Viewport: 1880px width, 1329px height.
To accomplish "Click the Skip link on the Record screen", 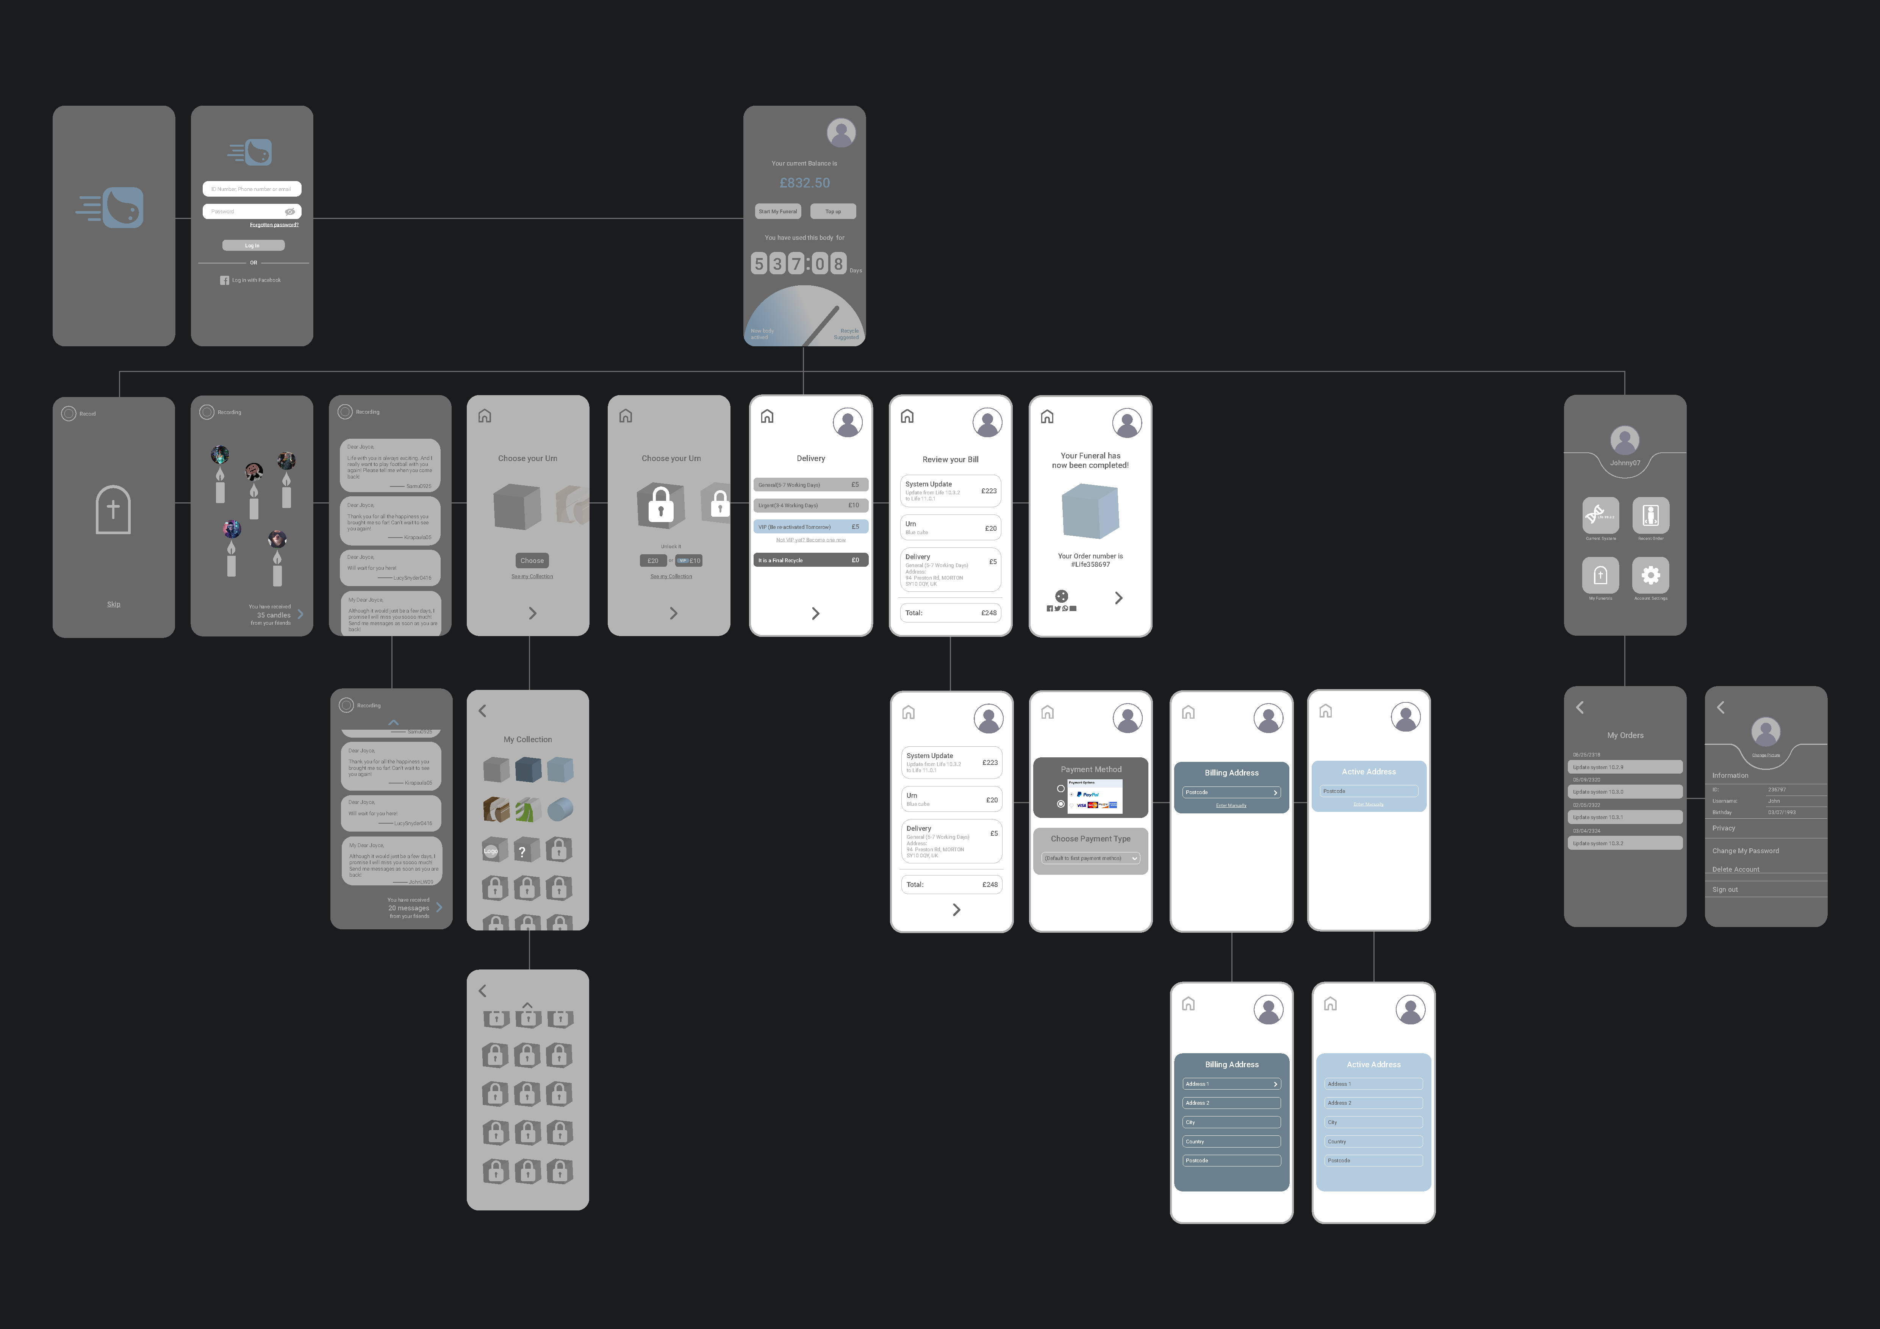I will click(114, 604).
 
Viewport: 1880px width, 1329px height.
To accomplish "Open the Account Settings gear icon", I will click(1651, 575).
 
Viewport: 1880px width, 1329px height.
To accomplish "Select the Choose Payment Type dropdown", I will click(1091, 858).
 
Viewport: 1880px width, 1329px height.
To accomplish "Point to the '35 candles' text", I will click(274, 615).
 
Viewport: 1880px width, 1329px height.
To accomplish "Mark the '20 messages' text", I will click(408, 908).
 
